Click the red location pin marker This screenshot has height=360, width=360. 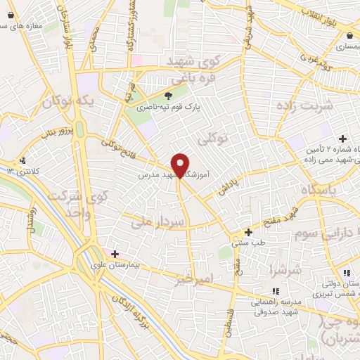point(181,165)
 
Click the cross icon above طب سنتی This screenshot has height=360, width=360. point(247,232)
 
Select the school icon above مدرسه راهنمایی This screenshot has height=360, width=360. point(276,290)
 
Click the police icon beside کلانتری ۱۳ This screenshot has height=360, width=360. point(23,160)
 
